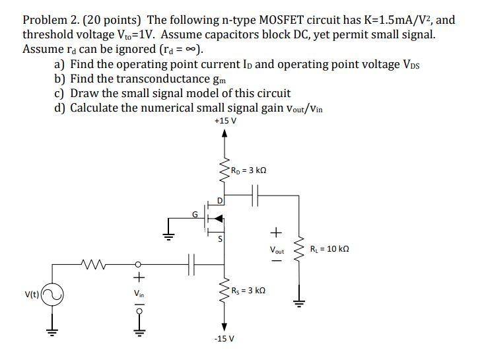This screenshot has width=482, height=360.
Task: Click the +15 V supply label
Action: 225,122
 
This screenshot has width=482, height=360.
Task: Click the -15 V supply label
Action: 223,339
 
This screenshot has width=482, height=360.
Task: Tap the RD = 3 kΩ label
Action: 248,170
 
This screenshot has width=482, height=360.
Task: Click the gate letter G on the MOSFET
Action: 195,213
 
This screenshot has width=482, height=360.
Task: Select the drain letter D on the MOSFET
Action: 220,199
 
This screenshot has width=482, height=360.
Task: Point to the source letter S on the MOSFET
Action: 220,240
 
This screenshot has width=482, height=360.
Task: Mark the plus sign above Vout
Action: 277,233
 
